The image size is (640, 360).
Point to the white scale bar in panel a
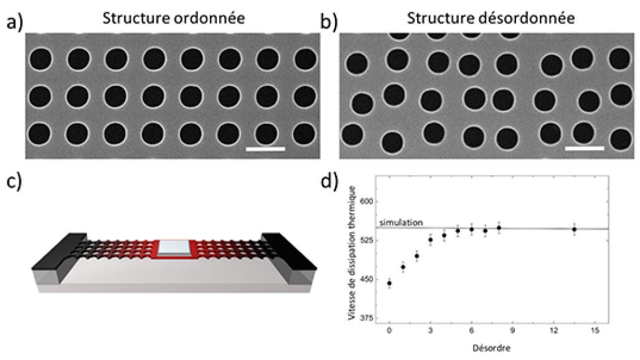tap(265, 149)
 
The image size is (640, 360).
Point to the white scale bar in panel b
tap(585, 149)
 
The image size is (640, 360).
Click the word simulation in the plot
tap(401, 222)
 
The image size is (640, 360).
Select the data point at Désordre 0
tap(390, 283)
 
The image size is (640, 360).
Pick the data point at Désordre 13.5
tap(574, 229)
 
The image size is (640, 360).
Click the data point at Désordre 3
tap(430, 240)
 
